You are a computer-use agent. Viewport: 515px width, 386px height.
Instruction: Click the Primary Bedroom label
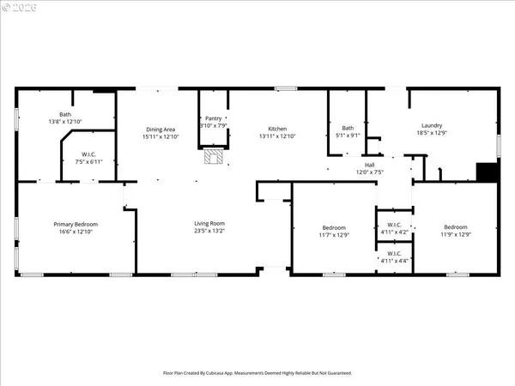tap(71, 223)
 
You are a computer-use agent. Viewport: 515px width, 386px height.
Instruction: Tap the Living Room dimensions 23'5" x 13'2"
tap(209, 231)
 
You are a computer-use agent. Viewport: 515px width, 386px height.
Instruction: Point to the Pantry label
tap(212, 118)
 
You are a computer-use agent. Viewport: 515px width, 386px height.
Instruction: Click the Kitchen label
tap(276, 129)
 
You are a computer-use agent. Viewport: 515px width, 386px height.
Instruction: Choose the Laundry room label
tap(432, 124)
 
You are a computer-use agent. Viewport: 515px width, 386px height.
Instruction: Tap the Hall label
tap(369, 164)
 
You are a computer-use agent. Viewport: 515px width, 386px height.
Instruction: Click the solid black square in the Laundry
tap(487, 172)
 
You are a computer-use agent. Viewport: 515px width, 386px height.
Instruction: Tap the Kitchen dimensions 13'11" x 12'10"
tap(276, 136)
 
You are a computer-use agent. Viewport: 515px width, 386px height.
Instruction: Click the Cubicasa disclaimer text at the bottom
tap(257, 373)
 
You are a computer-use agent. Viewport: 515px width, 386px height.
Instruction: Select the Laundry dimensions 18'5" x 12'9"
tap(432, 132)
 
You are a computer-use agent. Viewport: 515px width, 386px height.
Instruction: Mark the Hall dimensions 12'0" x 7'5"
tap(369, 172)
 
